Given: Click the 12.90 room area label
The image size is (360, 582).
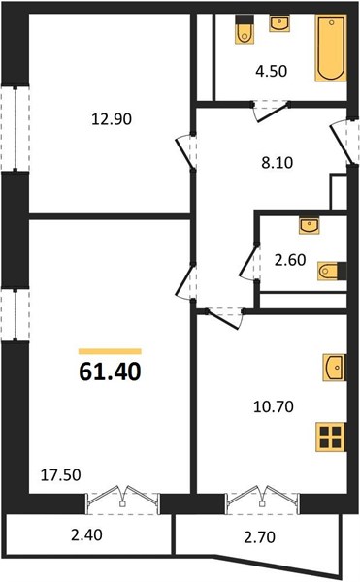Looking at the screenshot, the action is point(112,119).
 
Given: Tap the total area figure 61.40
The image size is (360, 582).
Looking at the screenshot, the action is point(111,372).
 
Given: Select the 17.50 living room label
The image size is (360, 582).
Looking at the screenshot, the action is point(60,475).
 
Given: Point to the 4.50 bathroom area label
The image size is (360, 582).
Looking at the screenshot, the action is point(272,71).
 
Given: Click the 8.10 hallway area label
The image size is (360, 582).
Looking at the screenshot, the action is point(278,163).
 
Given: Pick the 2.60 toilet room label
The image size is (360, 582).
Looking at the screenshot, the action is point(290,260).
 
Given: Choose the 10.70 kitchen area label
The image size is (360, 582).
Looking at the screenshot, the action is point(274,406).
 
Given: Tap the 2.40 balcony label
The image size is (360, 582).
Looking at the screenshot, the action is point(86,535).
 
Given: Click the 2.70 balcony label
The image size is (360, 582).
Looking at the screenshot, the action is point(259,537).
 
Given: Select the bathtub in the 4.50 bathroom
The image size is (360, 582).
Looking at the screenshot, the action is point(331,48).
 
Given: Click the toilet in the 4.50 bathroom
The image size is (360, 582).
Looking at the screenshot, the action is point(245,30).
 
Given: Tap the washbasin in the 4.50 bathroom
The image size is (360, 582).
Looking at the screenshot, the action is point(279,23).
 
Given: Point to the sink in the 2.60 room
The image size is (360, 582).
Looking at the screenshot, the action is point(310,226).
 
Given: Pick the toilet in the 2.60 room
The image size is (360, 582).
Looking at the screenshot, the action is point(332,271).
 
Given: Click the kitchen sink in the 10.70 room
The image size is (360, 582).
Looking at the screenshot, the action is point(334,367).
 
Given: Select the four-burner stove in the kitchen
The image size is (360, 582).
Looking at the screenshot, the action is point(331,437).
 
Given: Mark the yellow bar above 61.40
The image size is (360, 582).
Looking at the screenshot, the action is point(110,351).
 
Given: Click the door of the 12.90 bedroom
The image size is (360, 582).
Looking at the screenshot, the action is point(184,152).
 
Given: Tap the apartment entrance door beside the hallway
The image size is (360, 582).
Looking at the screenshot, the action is point(343,143).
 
